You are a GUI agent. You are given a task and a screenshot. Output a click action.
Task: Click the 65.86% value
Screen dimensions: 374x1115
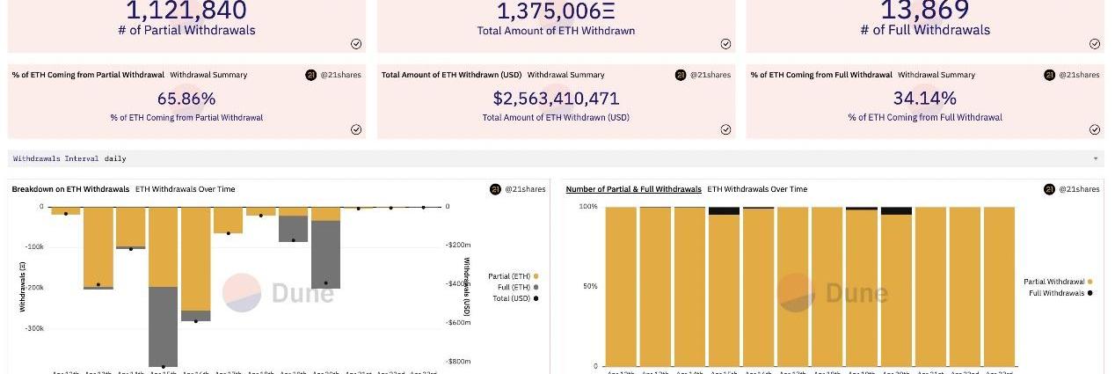(x=186, y=99)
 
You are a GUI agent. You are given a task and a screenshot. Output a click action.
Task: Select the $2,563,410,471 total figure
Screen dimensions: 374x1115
(x=556, y=99)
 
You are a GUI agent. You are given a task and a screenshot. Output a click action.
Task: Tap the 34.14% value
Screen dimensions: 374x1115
(x=924, y=99)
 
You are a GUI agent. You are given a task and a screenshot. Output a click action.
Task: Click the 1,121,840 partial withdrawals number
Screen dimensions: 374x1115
(x=186, y=11)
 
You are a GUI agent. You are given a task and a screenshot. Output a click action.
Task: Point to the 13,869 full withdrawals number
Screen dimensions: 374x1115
(x=924, y=11)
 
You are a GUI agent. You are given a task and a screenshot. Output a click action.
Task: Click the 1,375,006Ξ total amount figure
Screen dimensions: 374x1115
(x=556, y=11)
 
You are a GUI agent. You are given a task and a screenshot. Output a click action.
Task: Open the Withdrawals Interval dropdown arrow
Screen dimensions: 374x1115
(x=1096, y=159)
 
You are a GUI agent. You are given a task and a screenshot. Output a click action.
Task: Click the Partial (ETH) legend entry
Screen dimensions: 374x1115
(x=512, y=276)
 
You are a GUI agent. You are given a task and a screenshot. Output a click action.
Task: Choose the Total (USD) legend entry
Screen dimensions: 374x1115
(x=512, y=298)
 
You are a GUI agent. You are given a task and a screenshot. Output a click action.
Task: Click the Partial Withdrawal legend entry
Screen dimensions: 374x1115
(x=1058, y=282)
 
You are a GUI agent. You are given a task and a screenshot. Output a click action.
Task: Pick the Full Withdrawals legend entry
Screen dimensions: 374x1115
(x=1060, y=293)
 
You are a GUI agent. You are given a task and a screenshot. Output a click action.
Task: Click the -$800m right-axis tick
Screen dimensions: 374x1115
(x=458, y=362)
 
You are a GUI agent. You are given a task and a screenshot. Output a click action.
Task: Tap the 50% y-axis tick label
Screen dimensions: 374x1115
(x=588, y=287)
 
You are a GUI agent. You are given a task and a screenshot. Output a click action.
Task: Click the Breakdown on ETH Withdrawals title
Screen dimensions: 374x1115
(x=70, y=189)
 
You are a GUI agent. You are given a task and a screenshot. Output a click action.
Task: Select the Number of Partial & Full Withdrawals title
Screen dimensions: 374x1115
(x=633, y=189)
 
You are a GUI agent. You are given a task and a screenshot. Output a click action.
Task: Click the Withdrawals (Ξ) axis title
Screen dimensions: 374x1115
(x=22, y=286)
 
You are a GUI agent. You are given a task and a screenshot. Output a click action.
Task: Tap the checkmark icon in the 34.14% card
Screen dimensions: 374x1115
(x=1095, y=129)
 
